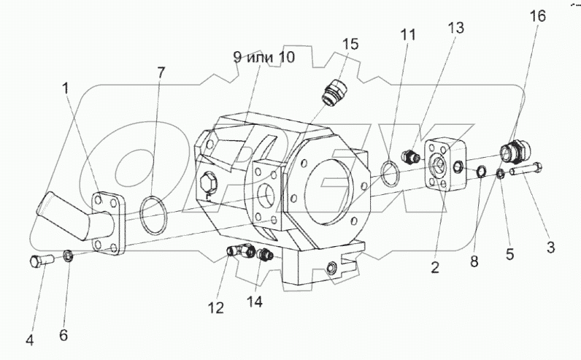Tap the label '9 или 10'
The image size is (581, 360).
tap(263, 58)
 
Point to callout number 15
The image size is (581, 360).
tap(350, 44)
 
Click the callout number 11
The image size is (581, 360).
tap(407, 35)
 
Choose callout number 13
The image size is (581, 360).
tap(455, 28)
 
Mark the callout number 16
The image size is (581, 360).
tap(537, 15)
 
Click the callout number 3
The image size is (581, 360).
tap(551, 247)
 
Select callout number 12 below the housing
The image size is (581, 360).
tap(214, 308)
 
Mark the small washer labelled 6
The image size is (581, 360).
tap(67, 256)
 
